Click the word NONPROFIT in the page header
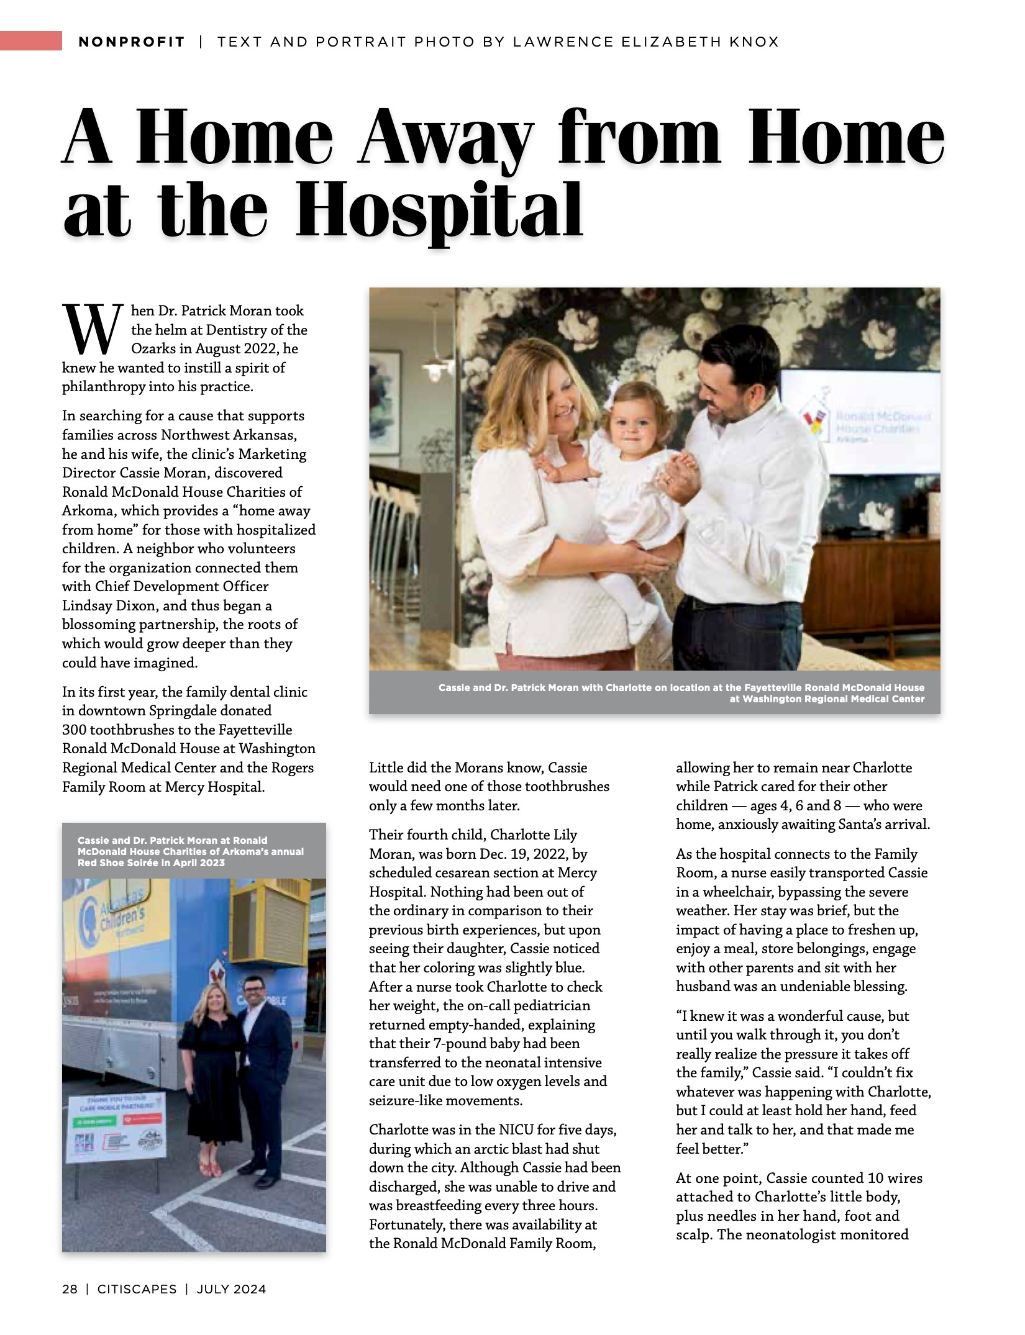132,42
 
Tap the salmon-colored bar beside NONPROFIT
31,41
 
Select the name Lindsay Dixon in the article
105,605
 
